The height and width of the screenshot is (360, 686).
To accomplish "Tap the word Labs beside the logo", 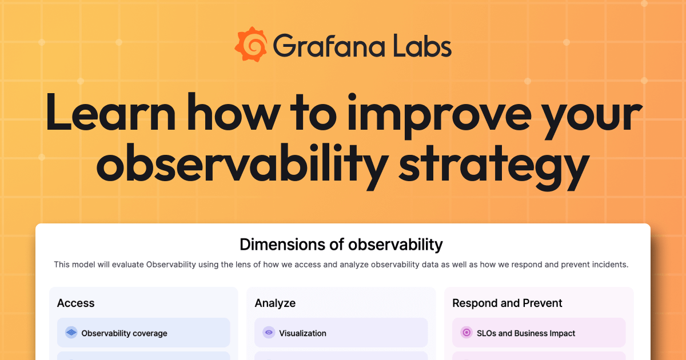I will [421, 46].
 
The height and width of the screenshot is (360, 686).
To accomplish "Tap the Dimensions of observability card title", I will [341, 245].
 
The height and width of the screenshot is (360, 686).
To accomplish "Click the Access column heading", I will [75, 303].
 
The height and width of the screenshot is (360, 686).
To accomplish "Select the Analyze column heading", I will [275, 303].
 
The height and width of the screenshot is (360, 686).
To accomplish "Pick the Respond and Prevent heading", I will [507, 303].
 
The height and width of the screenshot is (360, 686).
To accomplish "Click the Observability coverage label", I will [124, 333].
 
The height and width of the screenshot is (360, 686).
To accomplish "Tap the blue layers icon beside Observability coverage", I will [71, 333].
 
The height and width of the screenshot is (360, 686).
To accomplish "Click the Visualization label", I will [302, 333].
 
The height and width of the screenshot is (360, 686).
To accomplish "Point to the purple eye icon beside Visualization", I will [269, 333].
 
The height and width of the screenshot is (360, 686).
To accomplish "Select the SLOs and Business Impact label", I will [525, 333].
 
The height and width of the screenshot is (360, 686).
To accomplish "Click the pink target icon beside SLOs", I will [466, 333].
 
